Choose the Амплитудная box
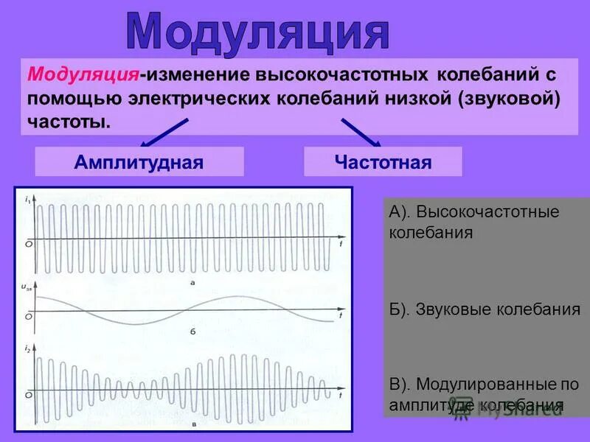coord(139,161)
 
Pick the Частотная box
coord(383,161)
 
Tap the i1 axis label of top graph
coord(27,199)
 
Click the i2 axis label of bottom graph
coord(27,347)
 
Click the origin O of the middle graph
coord(28,317)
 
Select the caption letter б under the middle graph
coord(191,331)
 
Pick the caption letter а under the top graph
coord(192,282)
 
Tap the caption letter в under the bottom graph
coord(193,424)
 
